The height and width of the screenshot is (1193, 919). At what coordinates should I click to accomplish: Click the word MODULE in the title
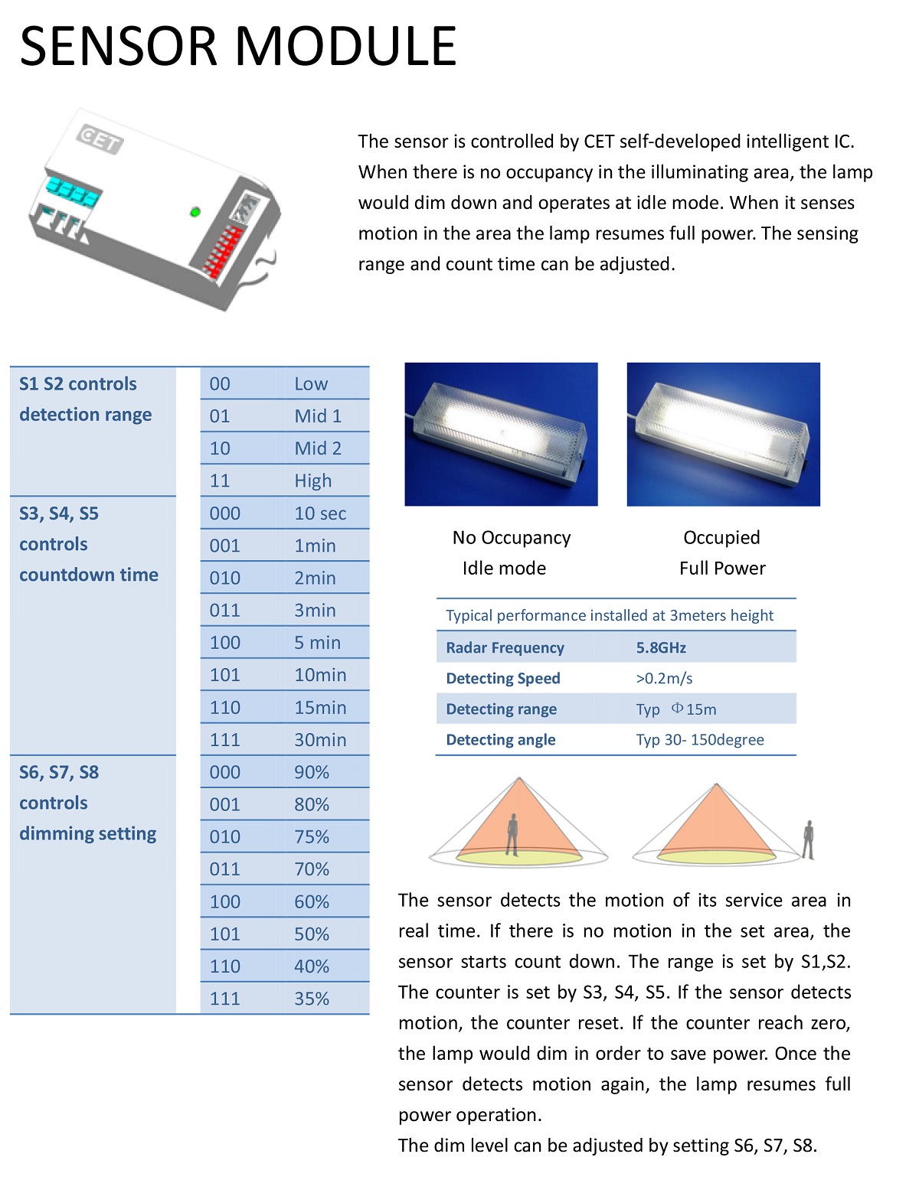tap(345, 47)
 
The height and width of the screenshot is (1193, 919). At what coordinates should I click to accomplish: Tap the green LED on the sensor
tap(195, 211)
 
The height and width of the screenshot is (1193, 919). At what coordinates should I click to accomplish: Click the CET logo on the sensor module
tap(100, 140)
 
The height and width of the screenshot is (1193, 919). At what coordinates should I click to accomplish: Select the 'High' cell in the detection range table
tap(313, 481)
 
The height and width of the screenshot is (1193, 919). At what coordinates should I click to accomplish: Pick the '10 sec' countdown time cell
tap(320, 513)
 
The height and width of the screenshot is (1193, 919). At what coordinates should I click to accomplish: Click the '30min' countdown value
tap(320, 740)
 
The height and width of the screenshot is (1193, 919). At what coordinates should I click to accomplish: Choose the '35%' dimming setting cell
tap(312, 999)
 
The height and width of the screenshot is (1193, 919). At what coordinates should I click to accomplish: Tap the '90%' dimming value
tap(312, 772)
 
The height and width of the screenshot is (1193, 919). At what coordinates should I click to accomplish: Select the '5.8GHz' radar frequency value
tap(661, 647)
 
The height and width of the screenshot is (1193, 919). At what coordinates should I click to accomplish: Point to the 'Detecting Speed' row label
tap(503, 678)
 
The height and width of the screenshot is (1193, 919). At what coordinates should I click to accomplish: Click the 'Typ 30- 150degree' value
tap(700, 739)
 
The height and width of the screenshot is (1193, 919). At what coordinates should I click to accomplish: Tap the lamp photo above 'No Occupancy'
tap(501, 434)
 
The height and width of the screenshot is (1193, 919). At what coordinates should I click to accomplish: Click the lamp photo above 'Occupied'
tap(723, 434)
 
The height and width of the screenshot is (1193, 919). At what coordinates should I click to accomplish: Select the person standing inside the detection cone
tap(512, 834)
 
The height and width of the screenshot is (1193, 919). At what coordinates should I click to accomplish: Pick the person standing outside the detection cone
tap(808, 839)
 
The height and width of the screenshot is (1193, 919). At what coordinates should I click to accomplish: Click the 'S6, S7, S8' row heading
tap(59, 772)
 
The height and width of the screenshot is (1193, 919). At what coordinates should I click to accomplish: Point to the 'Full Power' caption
tap(722, 568)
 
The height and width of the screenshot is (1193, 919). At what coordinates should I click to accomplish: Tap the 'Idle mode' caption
tap(504, 568)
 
